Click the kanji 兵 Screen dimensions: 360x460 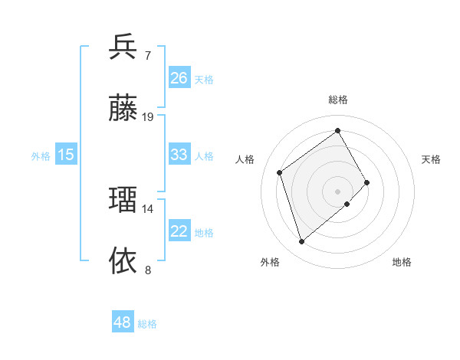(x=123, y=47)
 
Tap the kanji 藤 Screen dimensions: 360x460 (x=123, y=108)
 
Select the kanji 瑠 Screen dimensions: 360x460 (x=123, y=200)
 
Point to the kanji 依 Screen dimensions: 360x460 (x=123, y=260)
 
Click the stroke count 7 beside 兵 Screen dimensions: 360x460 (x=148, y=56)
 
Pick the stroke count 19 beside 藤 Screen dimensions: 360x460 (x=148, y=117)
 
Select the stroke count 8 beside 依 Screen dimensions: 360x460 (x=148, y=270)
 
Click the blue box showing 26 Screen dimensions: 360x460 (x=179, y=78)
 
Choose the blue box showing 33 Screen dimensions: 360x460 (x=179, y=155)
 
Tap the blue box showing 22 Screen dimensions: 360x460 (x=179, y=231)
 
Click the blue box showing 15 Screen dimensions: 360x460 (x=66, y=155)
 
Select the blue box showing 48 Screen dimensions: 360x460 (x=123, y=322)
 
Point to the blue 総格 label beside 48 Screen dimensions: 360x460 (x=147, y=324)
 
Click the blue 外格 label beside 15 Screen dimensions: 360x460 (x=41, y=156)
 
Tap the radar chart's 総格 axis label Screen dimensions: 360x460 (x=338, y=100)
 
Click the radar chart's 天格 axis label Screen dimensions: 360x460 (x=431, y=159)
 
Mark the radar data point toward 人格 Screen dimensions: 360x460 (x=280, y=172)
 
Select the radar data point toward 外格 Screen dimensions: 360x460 (x=301, y=242)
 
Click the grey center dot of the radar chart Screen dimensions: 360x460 (x=338, y=190)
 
